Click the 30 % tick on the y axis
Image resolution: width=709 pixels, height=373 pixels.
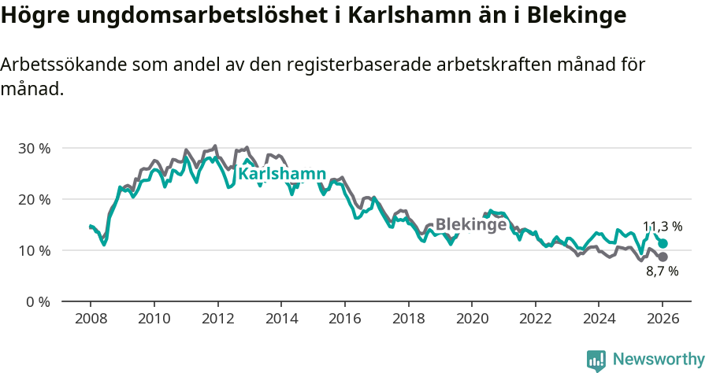tap(33, 148)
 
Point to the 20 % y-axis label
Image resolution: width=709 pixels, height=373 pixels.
tap(33, 199)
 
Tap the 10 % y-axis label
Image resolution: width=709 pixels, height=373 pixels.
tap(33, 250)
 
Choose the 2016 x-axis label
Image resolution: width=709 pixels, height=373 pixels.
tap(344, 320)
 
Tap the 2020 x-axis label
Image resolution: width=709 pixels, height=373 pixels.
tap(471, 320)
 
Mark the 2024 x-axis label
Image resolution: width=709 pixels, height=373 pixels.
tap(599, 320)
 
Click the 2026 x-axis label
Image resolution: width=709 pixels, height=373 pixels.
tap(662, 320)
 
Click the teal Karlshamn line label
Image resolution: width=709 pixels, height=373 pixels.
tap(282, 173)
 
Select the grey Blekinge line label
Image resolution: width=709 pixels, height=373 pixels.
tap(470, 224)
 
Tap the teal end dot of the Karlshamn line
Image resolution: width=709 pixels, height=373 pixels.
tap(663, 244)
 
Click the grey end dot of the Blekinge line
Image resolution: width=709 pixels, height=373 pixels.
tap(663, 257)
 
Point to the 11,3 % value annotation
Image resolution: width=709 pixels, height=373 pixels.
tap(662, 227)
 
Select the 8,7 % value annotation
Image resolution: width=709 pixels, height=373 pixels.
tap(662, 271)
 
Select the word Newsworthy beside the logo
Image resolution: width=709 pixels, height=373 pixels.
tap(658, 360)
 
